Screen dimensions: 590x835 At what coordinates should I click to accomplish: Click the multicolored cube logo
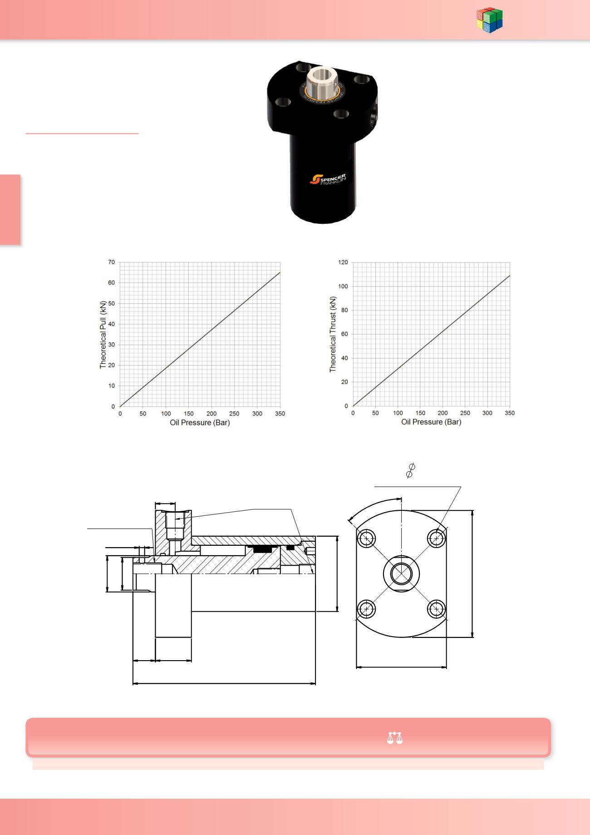[490, 20]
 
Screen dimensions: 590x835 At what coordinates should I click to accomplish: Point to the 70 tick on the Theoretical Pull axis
[111, 262]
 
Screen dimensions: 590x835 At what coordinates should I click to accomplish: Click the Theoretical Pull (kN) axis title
[103, 334]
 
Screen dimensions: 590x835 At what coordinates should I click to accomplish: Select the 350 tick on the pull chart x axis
[280, 414]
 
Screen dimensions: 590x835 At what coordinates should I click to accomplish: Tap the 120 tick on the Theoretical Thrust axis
[343, 262]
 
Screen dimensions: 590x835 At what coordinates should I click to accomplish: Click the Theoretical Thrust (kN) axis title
[333, 334]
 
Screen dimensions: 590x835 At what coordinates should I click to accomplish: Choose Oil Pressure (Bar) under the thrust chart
[431, 422]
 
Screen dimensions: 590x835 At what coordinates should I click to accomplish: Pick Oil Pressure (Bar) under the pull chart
[200, 423]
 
